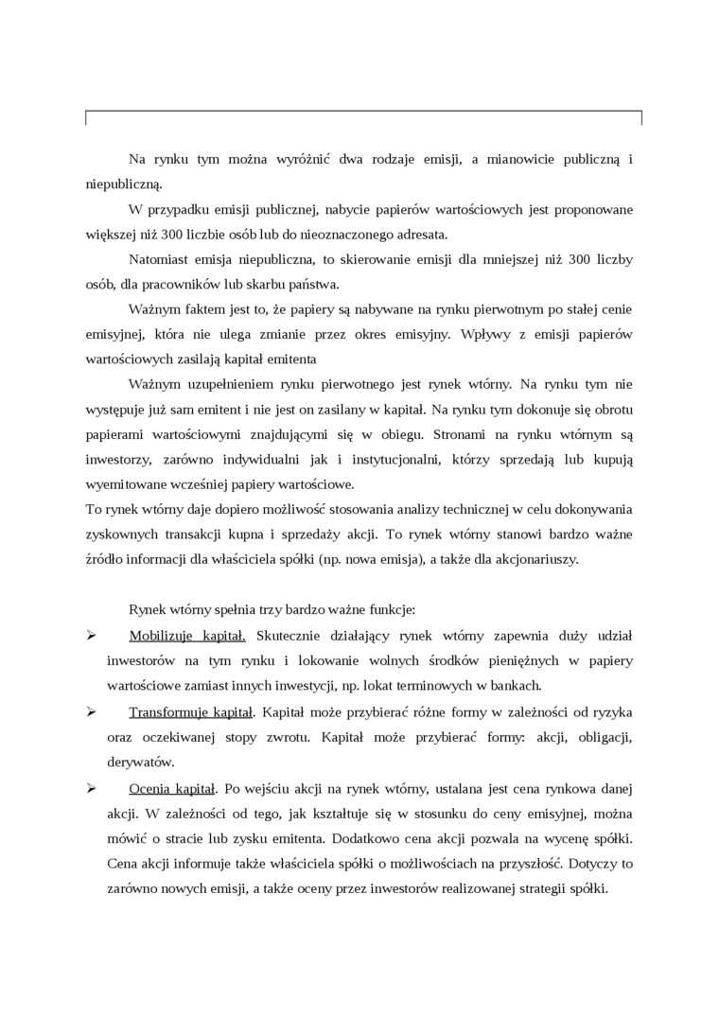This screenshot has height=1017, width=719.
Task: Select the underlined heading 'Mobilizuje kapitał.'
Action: pyautogui.click(x=187, y=635)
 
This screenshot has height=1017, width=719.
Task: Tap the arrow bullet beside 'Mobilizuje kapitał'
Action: pyautogui.click(x=92, y=635)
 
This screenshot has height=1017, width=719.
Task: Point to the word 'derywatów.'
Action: pyautogui.click(x=141, y=761)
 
